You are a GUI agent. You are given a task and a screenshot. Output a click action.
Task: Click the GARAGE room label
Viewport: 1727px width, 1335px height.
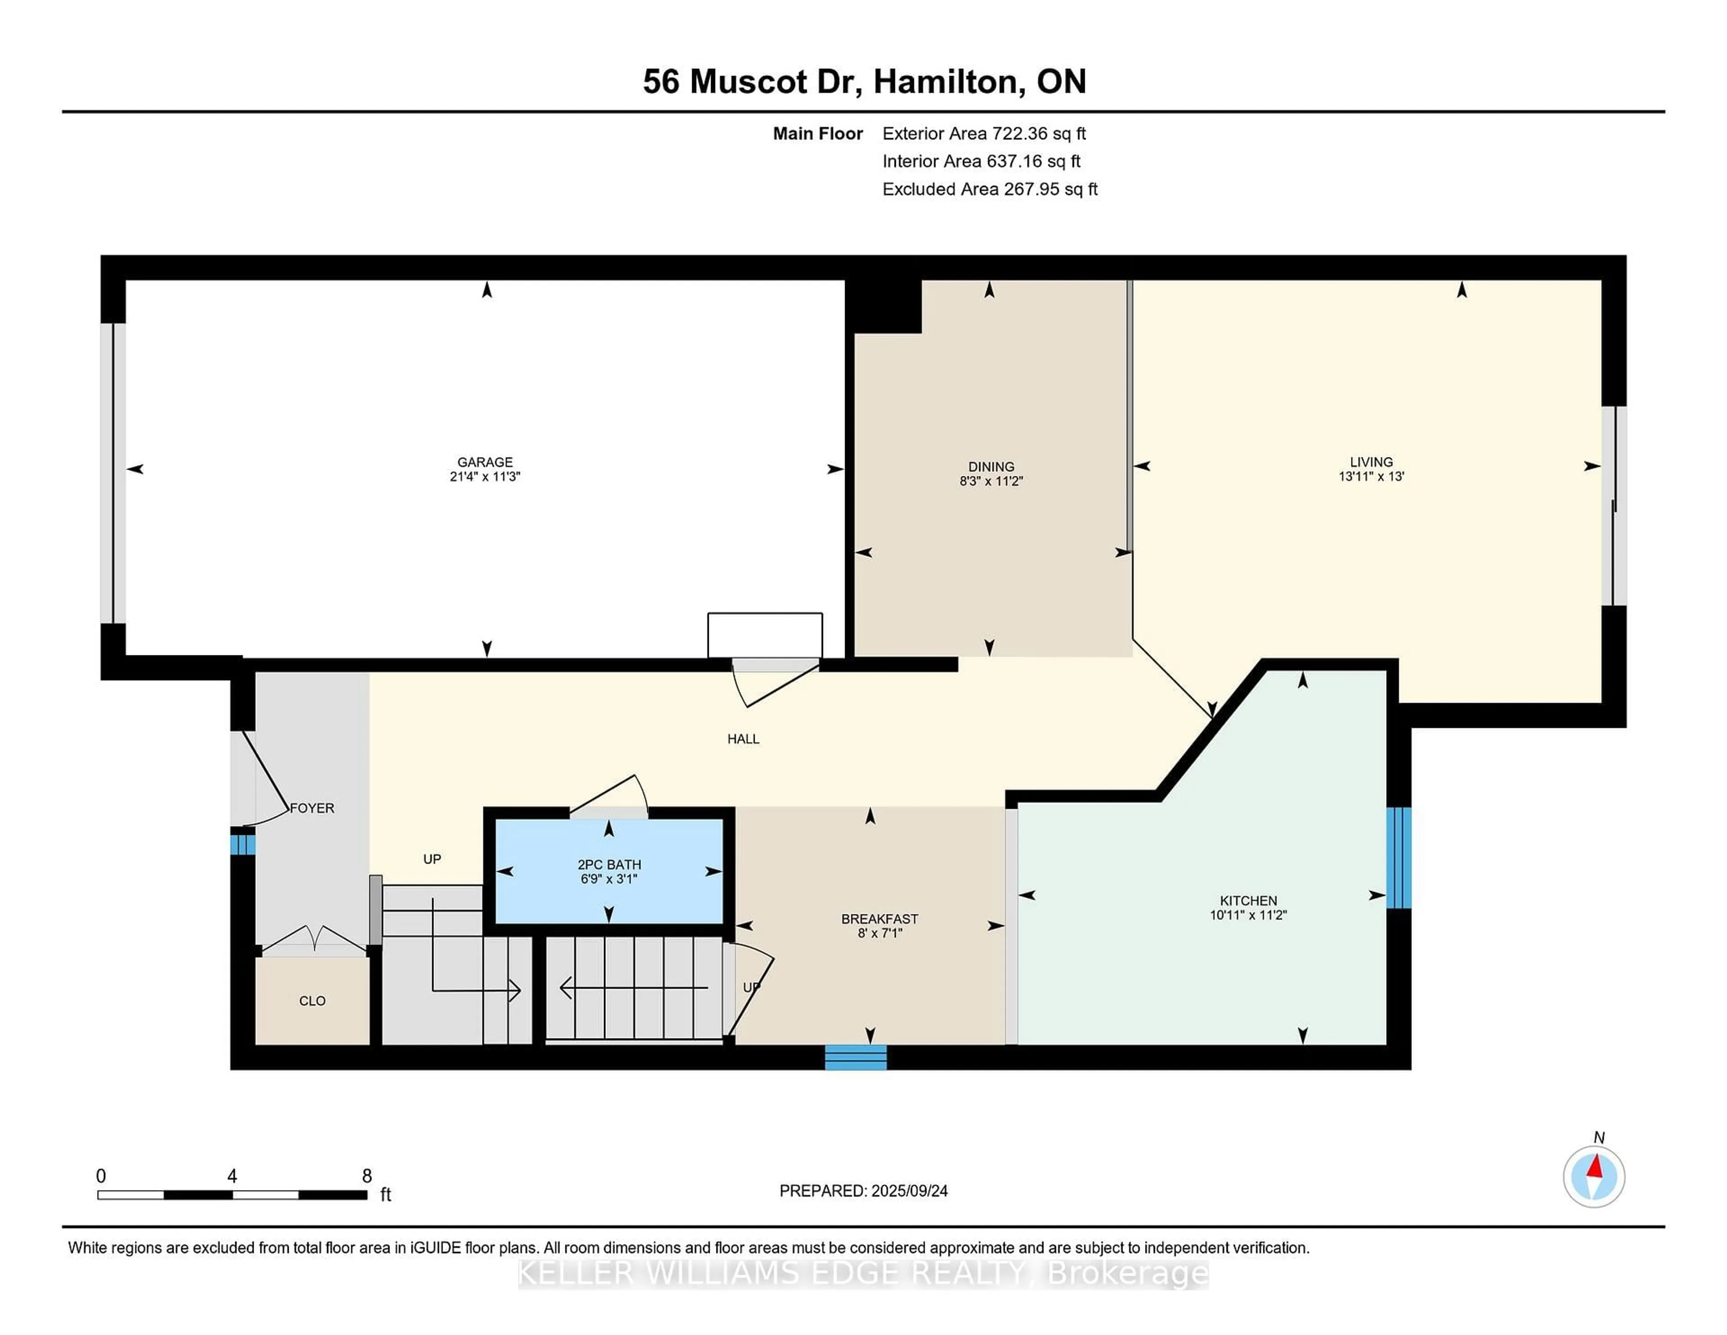(x=485, y=462)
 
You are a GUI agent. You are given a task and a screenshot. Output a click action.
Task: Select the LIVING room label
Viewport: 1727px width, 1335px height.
(x=1371, y=462)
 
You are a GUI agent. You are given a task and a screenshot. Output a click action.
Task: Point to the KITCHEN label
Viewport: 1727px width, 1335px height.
(x=1248, y=901)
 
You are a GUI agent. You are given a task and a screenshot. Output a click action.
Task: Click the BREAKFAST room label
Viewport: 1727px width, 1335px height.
(x=879, y=919)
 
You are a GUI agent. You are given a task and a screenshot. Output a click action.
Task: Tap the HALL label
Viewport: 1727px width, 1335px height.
(x=743, y=739)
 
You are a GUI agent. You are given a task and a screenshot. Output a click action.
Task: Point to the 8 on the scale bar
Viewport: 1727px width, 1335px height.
(x=367, y=1176)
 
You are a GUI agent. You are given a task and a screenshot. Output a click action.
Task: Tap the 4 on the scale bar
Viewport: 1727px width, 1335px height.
(x=232, y=1176)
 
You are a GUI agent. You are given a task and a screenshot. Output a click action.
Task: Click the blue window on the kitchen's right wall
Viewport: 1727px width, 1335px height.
(x=1399, y=857)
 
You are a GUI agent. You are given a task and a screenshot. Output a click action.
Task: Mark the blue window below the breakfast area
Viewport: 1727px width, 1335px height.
(x=855, y=1057)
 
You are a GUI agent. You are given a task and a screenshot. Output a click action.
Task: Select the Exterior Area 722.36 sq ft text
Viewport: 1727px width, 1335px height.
(x=984, y=134)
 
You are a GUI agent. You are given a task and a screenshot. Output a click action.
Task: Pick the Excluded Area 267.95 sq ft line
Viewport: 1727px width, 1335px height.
(x=990, y=189)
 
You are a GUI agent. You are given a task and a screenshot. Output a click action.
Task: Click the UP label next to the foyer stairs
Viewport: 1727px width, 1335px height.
(x=432, y=859)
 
